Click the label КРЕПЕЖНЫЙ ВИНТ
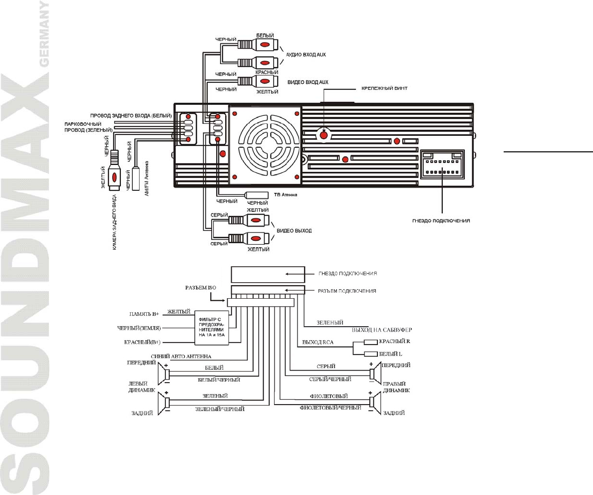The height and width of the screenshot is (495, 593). pos(385,88)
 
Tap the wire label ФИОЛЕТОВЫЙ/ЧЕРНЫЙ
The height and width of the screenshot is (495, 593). pos(330,408)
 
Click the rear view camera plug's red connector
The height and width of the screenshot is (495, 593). pos(115,176)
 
